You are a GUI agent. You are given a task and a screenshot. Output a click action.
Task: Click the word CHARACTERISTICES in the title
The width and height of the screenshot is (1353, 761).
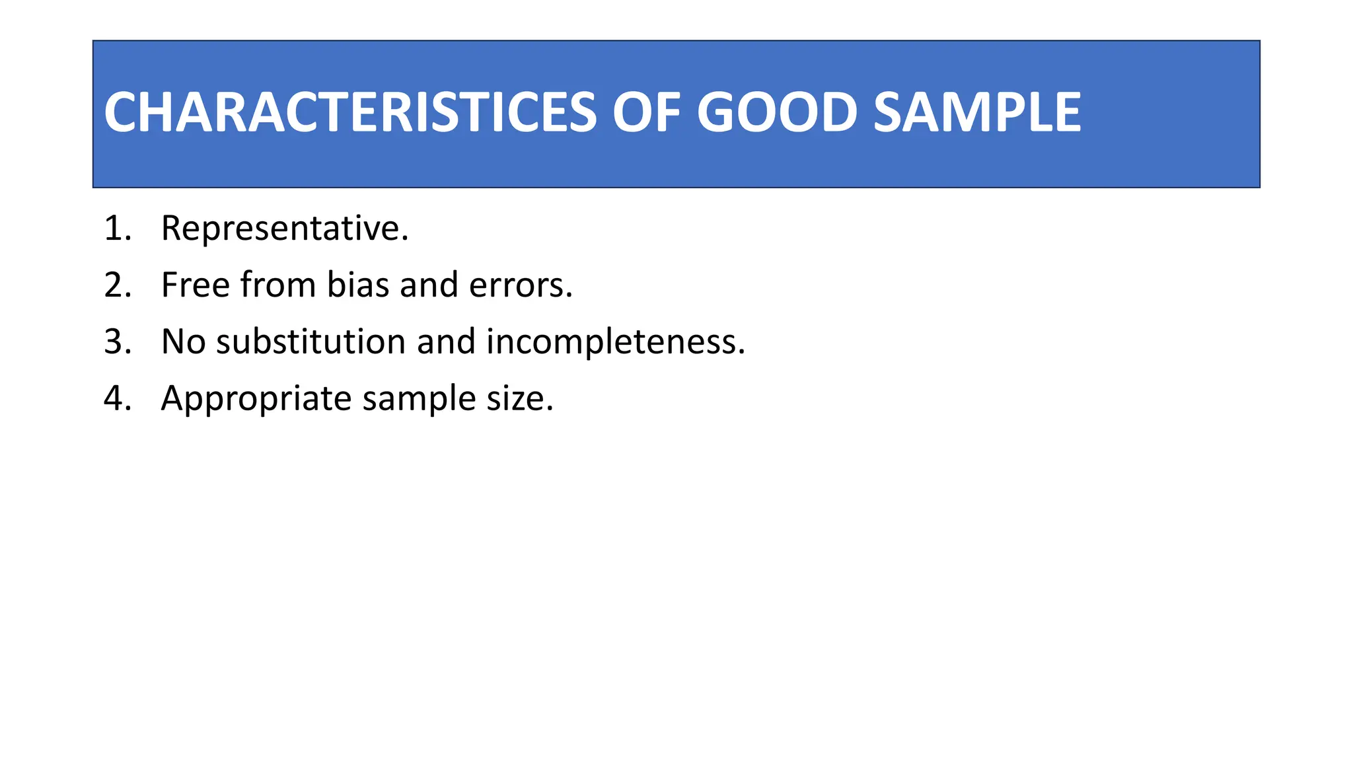[351, 112]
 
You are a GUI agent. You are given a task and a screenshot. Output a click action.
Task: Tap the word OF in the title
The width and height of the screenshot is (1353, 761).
[646, 112]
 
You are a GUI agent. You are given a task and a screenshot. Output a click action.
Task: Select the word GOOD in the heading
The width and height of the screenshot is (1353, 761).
[777, 112]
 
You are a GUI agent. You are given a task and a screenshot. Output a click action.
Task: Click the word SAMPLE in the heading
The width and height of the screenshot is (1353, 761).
[977, 112]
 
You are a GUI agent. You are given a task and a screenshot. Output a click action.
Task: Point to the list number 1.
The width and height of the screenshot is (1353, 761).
[117, 229]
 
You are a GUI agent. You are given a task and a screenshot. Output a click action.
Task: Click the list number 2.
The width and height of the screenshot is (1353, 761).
[118, 285]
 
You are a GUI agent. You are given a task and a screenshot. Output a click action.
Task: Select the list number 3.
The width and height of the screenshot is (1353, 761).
[118, 342]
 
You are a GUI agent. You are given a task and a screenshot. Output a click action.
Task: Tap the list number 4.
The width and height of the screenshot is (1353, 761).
[118, 399]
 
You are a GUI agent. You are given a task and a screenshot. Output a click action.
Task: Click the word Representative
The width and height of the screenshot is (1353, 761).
[284, 229]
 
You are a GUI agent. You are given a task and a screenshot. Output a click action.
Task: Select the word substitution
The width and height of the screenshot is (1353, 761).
[311, 342]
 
